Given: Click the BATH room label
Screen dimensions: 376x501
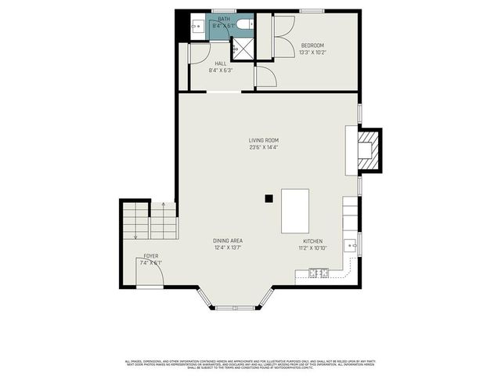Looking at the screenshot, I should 224,19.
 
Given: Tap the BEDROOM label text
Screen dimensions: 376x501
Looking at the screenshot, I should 312,45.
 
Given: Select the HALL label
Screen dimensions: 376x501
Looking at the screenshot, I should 221,63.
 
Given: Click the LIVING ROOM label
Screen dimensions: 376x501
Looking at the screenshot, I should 264,140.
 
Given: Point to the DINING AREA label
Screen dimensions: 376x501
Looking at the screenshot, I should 228,240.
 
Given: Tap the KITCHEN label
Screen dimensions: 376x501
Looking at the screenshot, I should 312,240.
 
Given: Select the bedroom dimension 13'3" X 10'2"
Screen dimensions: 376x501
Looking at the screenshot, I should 312,52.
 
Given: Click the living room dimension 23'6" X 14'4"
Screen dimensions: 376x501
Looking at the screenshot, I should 264,147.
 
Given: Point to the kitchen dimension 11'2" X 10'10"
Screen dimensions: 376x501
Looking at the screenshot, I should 312,248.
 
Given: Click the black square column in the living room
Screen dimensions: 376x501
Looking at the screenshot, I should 269,199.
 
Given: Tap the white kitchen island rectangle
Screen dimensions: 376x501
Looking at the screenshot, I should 295,210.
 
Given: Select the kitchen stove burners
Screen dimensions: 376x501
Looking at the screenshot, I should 318,273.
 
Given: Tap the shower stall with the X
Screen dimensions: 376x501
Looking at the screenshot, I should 244,48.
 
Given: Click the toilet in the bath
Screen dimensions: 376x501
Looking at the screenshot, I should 246,25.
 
